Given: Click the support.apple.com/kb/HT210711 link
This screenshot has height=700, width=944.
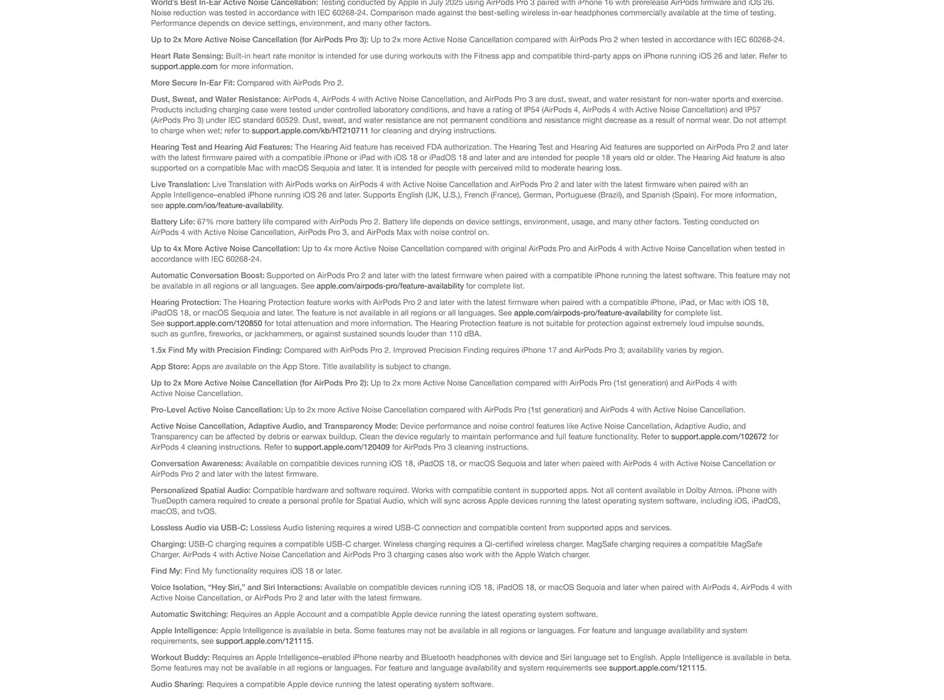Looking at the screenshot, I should (x=310, y=131).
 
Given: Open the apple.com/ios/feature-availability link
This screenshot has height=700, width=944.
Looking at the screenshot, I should (x=224, y=206).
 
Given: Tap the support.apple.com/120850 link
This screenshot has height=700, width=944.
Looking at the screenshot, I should (x=214, y=323).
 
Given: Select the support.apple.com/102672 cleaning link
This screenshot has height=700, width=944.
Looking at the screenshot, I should (x=719, y=436).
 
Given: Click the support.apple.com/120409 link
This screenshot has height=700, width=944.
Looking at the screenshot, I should (x=342, y=447).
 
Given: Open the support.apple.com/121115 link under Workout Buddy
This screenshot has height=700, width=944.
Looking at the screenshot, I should (x=656, y=668).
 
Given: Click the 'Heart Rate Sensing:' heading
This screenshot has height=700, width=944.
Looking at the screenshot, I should (x=187, y=56).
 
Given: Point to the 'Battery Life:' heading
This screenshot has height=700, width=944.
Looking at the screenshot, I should (x=173, y=222).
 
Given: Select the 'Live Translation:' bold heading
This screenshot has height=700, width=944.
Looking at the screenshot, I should (x=180, y=184).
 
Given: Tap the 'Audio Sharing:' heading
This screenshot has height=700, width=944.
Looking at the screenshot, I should (x=177, y=684).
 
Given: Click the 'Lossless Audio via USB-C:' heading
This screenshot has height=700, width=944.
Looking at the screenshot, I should (x=199, y=528).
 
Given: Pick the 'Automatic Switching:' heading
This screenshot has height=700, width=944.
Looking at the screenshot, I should (x=189, y=614).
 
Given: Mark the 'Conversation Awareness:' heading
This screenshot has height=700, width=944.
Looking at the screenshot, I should (x=197, y=464).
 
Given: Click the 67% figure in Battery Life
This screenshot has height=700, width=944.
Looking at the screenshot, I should (x=205, y=222).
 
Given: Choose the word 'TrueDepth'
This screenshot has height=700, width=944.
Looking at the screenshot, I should (x=171, y=501).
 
